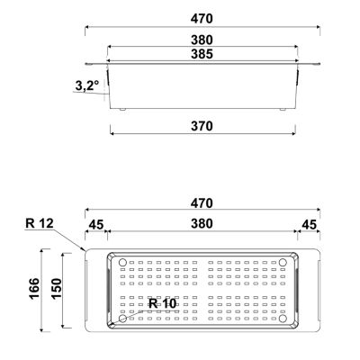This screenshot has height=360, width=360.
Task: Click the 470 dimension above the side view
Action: click(202, 19)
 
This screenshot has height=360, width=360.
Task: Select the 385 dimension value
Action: click(202, 54)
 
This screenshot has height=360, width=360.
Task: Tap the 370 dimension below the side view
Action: click(202, 126)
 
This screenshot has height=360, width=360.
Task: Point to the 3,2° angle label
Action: click(86, 86)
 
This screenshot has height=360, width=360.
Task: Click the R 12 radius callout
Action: click(40, 223)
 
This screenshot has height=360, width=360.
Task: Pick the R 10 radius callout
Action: click(163, 303)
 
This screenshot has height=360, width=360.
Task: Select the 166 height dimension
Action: click(34, 289)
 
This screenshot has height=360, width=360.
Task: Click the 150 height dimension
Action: click(57, 289)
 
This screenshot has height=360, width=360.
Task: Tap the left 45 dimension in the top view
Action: click(96, 224)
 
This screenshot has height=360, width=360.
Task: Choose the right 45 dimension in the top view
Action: click(309, 224)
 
